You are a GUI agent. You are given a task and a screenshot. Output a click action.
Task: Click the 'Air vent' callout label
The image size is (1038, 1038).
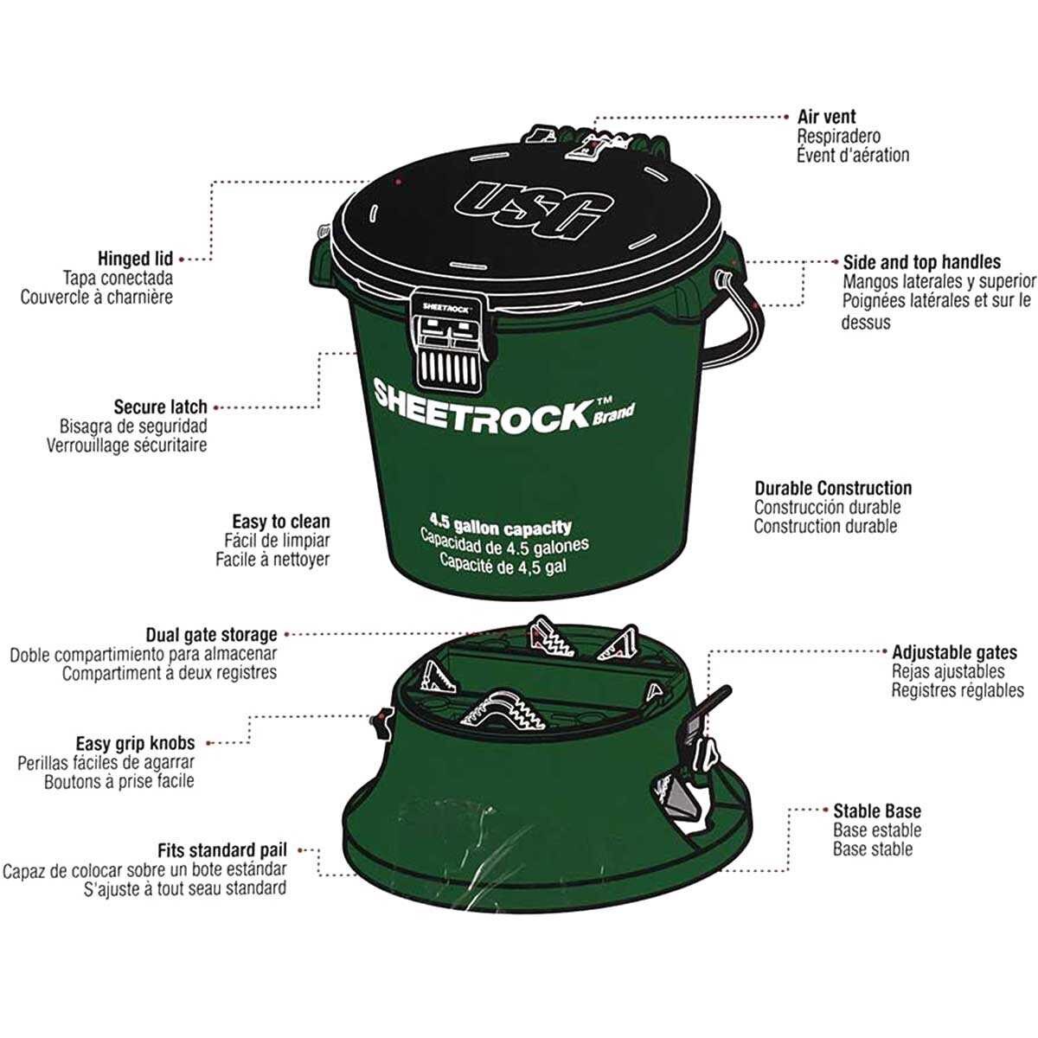coord(826,117)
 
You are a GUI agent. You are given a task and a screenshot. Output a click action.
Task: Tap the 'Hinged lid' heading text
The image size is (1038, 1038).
coord(135,259)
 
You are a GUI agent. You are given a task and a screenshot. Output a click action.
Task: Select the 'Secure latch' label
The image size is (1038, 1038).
coord(160,407)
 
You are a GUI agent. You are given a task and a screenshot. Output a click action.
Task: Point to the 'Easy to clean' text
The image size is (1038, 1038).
coord(280,521)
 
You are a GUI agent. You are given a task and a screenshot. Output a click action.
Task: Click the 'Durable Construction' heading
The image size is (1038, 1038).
coord(833,488)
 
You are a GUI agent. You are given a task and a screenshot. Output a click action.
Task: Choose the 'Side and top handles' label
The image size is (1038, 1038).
coord(921,262)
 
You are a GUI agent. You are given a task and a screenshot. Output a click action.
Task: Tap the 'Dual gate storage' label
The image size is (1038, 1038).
coord(211,635)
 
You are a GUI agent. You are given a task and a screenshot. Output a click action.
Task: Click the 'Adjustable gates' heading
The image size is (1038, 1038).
coord(954,652)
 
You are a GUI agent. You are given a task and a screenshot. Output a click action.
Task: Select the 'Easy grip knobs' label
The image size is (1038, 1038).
coord(135,743)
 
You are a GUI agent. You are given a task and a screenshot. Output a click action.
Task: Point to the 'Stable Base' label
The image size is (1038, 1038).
coord(877,811)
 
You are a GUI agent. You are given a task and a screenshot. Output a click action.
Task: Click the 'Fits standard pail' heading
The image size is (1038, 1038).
coord(222,850)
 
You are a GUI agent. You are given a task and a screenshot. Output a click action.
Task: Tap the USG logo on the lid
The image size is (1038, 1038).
coord(534,209)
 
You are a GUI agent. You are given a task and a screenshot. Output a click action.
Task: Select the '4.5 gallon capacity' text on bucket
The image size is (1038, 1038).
coord(500,526)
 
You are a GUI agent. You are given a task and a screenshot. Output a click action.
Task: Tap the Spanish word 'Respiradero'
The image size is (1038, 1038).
coord(839,136)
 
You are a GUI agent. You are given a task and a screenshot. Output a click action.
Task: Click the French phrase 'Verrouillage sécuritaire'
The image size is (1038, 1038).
coord(126,445)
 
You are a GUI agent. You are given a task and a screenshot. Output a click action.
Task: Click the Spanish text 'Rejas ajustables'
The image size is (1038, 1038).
coord(948,671)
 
